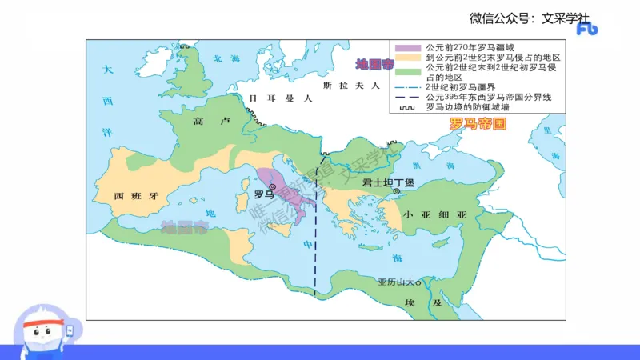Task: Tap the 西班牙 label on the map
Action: coord(131,195)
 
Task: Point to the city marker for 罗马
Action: coord(272,186)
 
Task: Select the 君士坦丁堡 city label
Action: coord(388,182)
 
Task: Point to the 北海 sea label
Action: coord(226,58)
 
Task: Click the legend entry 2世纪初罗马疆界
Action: coord(466,87)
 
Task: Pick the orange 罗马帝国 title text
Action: coord(478,124)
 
